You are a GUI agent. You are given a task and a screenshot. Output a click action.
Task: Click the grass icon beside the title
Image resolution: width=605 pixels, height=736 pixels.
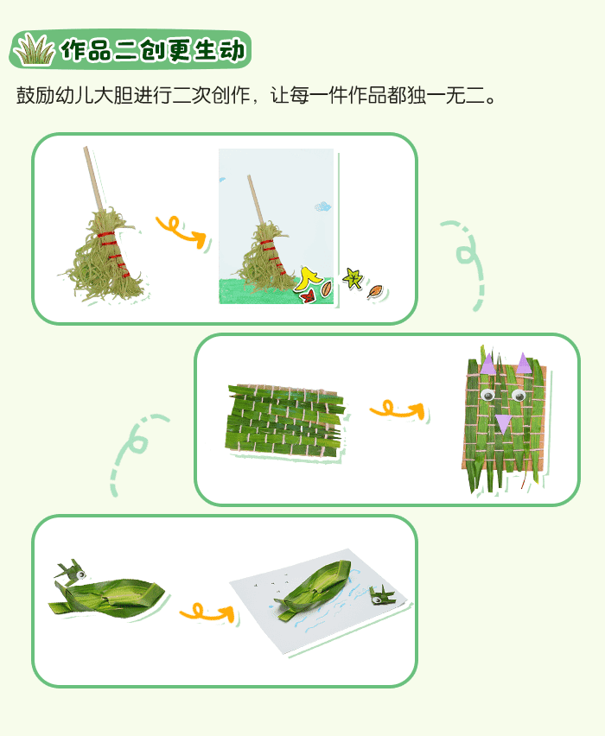coord(34,50)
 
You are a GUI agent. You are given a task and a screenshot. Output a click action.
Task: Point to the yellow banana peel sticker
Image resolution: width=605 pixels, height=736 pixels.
coord(307,277)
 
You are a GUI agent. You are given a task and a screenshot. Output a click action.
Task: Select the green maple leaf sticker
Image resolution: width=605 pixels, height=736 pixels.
coord(352,277)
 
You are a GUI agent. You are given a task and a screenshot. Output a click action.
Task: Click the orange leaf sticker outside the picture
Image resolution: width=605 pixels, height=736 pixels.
coord(375,291)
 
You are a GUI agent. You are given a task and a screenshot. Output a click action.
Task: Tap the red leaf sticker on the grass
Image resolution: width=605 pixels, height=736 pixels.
coord(306,295)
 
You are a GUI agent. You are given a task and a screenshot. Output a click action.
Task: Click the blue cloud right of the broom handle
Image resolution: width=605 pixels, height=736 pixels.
coord(322,206)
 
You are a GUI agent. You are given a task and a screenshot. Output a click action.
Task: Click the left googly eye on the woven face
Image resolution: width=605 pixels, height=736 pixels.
coord(488,396)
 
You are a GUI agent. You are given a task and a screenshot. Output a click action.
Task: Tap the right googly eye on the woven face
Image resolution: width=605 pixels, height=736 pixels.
coord(519,395)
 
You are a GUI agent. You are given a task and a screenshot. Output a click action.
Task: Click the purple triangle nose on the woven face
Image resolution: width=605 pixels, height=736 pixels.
coord(503,423)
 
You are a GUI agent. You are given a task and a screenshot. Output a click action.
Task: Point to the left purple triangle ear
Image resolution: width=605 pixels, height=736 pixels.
coord(488,364)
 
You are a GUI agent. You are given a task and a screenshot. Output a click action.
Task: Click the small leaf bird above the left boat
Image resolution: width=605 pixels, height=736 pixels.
coord(70,571)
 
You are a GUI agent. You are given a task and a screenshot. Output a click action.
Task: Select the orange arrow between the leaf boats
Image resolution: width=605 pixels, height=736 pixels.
coord(207,612)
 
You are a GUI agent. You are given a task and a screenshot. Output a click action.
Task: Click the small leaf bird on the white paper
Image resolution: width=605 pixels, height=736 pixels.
coord(377,595)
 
